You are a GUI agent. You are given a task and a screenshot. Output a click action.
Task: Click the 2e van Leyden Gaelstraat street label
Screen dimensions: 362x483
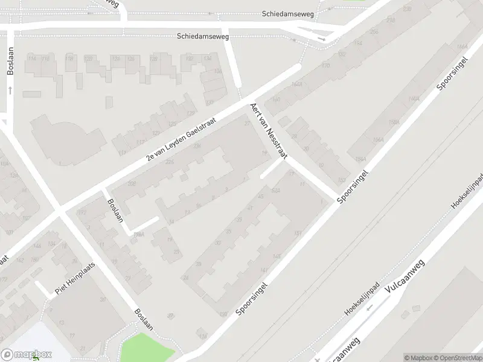point(182,139)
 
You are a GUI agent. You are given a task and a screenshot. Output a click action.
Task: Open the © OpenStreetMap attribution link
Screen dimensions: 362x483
point(458,358)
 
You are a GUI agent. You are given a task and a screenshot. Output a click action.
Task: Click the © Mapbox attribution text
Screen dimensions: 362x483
point(418,358)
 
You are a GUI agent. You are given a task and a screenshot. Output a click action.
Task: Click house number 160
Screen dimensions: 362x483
point(277,100)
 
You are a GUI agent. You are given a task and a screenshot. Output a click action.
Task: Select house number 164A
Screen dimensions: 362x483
point(296,84)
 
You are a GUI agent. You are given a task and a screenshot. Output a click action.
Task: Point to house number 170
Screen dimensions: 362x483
point(326,65)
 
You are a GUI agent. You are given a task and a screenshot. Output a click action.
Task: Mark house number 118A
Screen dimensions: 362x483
point(139,234)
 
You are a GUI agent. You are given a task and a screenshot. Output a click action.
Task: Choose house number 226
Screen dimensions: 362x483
point(170,162)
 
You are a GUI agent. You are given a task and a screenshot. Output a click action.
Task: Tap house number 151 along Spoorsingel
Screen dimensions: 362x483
point(297,233)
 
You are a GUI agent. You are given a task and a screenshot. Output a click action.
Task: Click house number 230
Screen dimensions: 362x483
point(408,9)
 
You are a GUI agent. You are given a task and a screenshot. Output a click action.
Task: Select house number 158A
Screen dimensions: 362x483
point(394,122)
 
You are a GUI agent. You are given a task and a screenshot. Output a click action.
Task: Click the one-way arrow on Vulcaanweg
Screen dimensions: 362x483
point(368,307)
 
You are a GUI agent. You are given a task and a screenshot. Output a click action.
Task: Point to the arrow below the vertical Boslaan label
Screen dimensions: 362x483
point(10,90)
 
